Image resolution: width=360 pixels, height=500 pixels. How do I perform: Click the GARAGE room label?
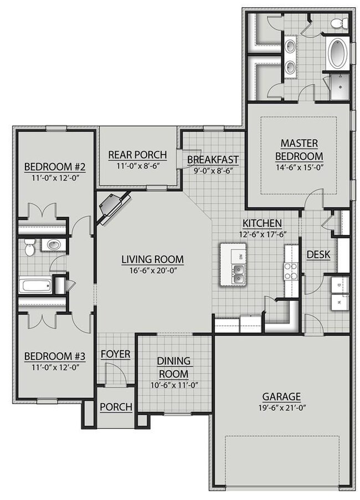pos(281,396)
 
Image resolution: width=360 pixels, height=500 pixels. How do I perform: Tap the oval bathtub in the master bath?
pos(338,52)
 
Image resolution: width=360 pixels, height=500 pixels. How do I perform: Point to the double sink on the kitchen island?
pos(238,274)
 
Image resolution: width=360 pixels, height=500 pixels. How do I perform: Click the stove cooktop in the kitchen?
pos(291,270)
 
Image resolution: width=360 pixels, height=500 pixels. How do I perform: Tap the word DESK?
pos(318,254)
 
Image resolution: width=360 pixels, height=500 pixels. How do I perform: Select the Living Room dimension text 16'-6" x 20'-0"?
pos(153,271)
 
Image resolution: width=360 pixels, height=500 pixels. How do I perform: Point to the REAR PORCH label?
pos(137,155)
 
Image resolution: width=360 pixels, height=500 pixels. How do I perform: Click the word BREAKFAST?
pos(213,160)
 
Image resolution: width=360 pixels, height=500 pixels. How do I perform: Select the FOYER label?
pos(116,354)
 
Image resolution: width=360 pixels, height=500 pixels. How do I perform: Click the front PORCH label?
pos(116,407)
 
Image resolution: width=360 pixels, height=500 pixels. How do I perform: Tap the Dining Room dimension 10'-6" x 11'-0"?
pos(174,385)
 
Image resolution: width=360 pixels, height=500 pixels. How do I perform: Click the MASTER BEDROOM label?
pos(299,150)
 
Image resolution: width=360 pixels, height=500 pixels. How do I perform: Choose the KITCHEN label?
pos(262,223)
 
